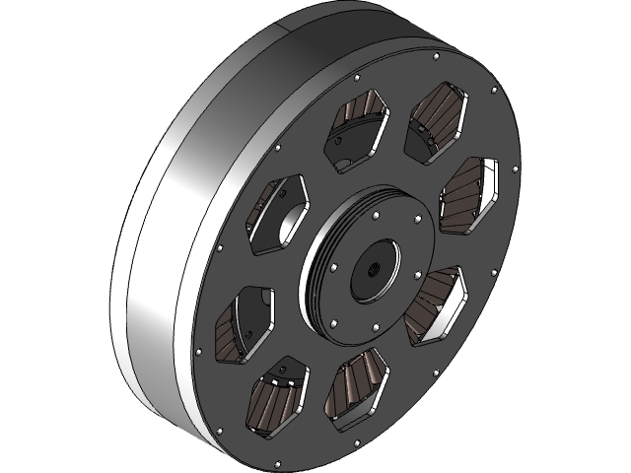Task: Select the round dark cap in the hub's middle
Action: click(369, 269)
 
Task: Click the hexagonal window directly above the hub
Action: click(356, 137)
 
